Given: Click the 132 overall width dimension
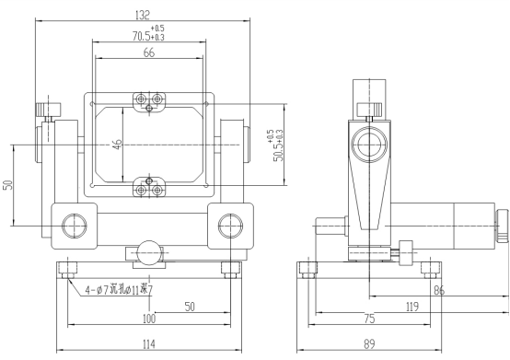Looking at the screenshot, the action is click(143, 15).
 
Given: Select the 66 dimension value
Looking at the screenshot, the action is click(149, 52).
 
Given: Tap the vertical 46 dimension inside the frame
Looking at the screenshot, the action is click(118, 144).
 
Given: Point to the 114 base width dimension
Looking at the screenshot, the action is click(149, 344).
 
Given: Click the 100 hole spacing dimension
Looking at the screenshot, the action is click(149, 319).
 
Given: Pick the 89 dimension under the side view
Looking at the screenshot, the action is click(369, 344).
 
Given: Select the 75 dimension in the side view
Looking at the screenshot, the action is click(369, 319).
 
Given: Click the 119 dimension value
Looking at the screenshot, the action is click(412, 307).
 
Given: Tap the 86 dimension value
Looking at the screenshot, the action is click(439, 290).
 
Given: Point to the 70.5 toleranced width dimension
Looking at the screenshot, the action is click(148, 33).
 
